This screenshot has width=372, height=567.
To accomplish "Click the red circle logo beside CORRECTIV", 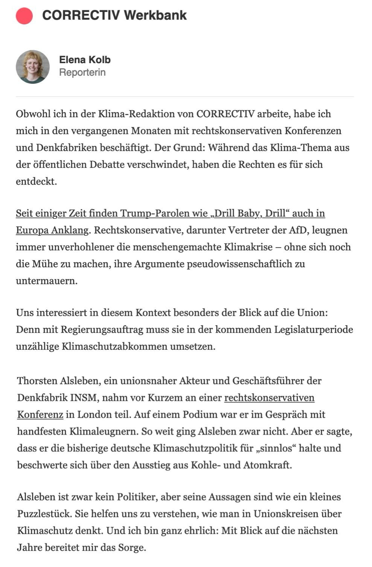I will (x=24, y=15).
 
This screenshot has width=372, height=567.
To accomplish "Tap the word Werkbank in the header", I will (x=155, y=15).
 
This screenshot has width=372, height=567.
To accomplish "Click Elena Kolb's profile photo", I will (x=33, y=67).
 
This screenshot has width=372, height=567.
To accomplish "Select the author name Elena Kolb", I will (x=85, y=60).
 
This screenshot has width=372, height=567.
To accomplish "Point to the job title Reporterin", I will (x=82, y=72).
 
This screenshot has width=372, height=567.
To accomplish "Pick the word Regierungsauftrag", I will (x=102, y=330).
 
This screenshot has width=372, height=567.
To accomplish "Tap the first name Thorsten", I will (x=37, y=381).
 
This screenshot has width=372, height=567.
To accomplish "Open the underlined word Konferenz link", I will (x=40, y=415).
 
